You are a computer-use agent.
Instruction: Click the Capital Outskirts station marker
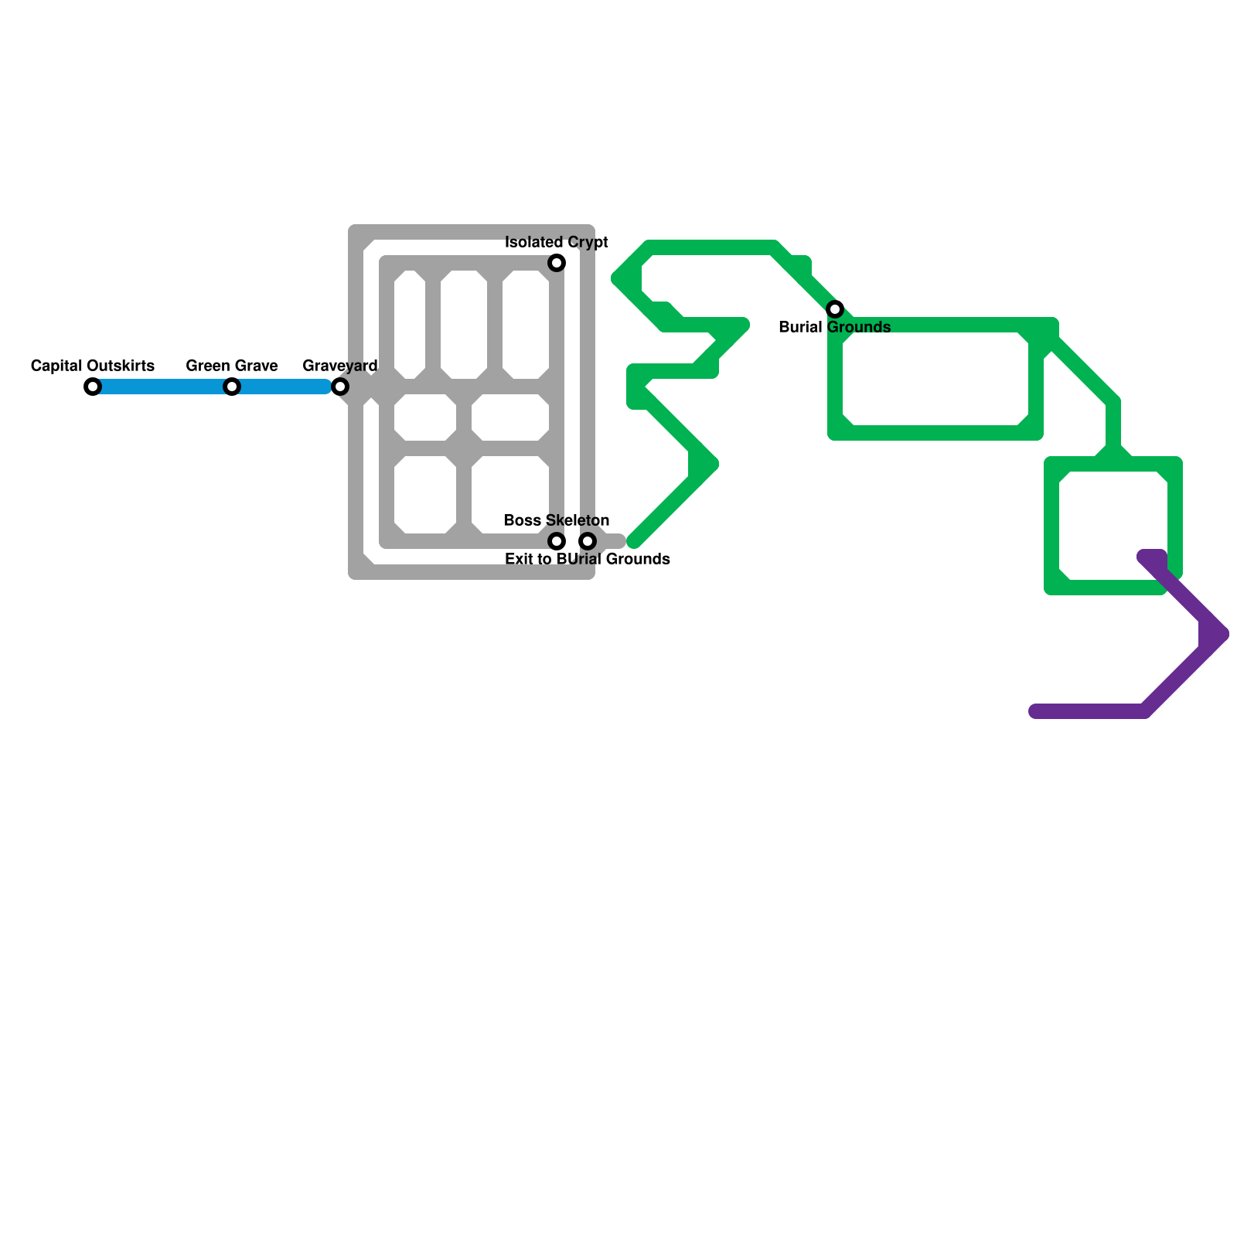[93, 387]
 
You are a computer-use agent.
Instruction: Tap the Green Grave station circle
[232, 387]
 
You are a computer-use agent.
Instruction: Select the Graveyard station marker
[340, 387]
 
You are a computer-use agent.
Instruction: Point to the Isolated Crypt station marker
[557, 263]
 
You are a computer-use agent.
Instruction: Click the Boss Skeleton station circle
[557, 541]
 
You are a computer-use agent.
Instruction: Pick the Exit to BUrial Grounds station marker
[588, 541]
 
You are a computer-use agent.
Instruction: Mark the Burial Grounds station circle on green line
[835, 309]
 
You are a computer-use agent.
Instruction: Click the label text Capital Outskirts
[93, 366]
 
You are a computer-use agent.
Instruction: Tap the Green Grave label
[232, 366]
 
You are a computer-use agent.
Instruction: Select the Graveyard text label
[340, 366]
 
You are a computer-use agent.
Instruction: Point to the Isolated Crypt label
[557, 243]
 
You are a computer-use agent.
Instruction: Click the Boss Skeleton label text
[557, 520]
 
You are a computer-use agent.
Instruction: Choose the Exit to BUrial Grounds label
[588, 559]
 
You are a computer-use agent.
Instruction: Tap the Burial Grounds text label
[835, 327]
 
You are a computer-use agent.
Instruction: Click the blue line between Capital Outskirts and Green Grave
[162, 387]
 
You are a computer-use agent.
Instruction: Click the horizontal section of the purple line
[1090, 711]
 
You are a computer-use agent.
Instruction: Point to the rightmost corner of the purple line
[1222, 634]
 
